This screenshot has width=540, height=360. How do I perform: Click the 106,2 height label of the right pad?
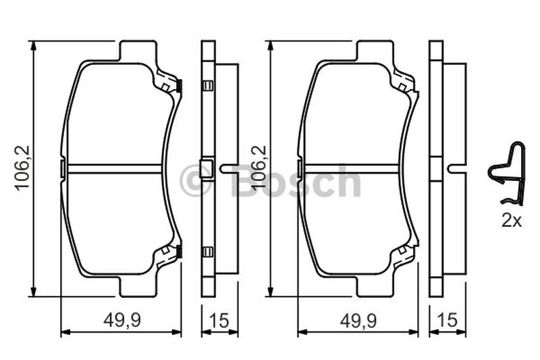click(x=259, y=168)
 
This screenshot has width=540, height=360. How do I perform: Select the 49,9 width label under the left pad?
click(x=122, y=321)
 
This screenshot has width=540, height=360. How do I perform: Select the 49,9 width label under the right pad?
click(x=358, y=321)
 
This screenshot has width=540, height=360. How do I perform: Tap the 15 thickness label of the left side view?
click(x=219, y=321)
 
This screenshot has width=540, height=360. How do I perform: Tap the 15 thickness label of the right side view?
click(x=448, y=320)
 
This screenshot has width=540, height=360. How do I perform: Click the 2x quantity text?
click(x=512, y=220)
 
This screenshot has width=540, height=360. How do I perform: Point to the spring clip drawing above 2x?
click(x=507, y=174)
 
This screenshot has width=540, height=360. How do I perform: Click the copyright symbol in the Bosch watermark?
click(x=195, y=180)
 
